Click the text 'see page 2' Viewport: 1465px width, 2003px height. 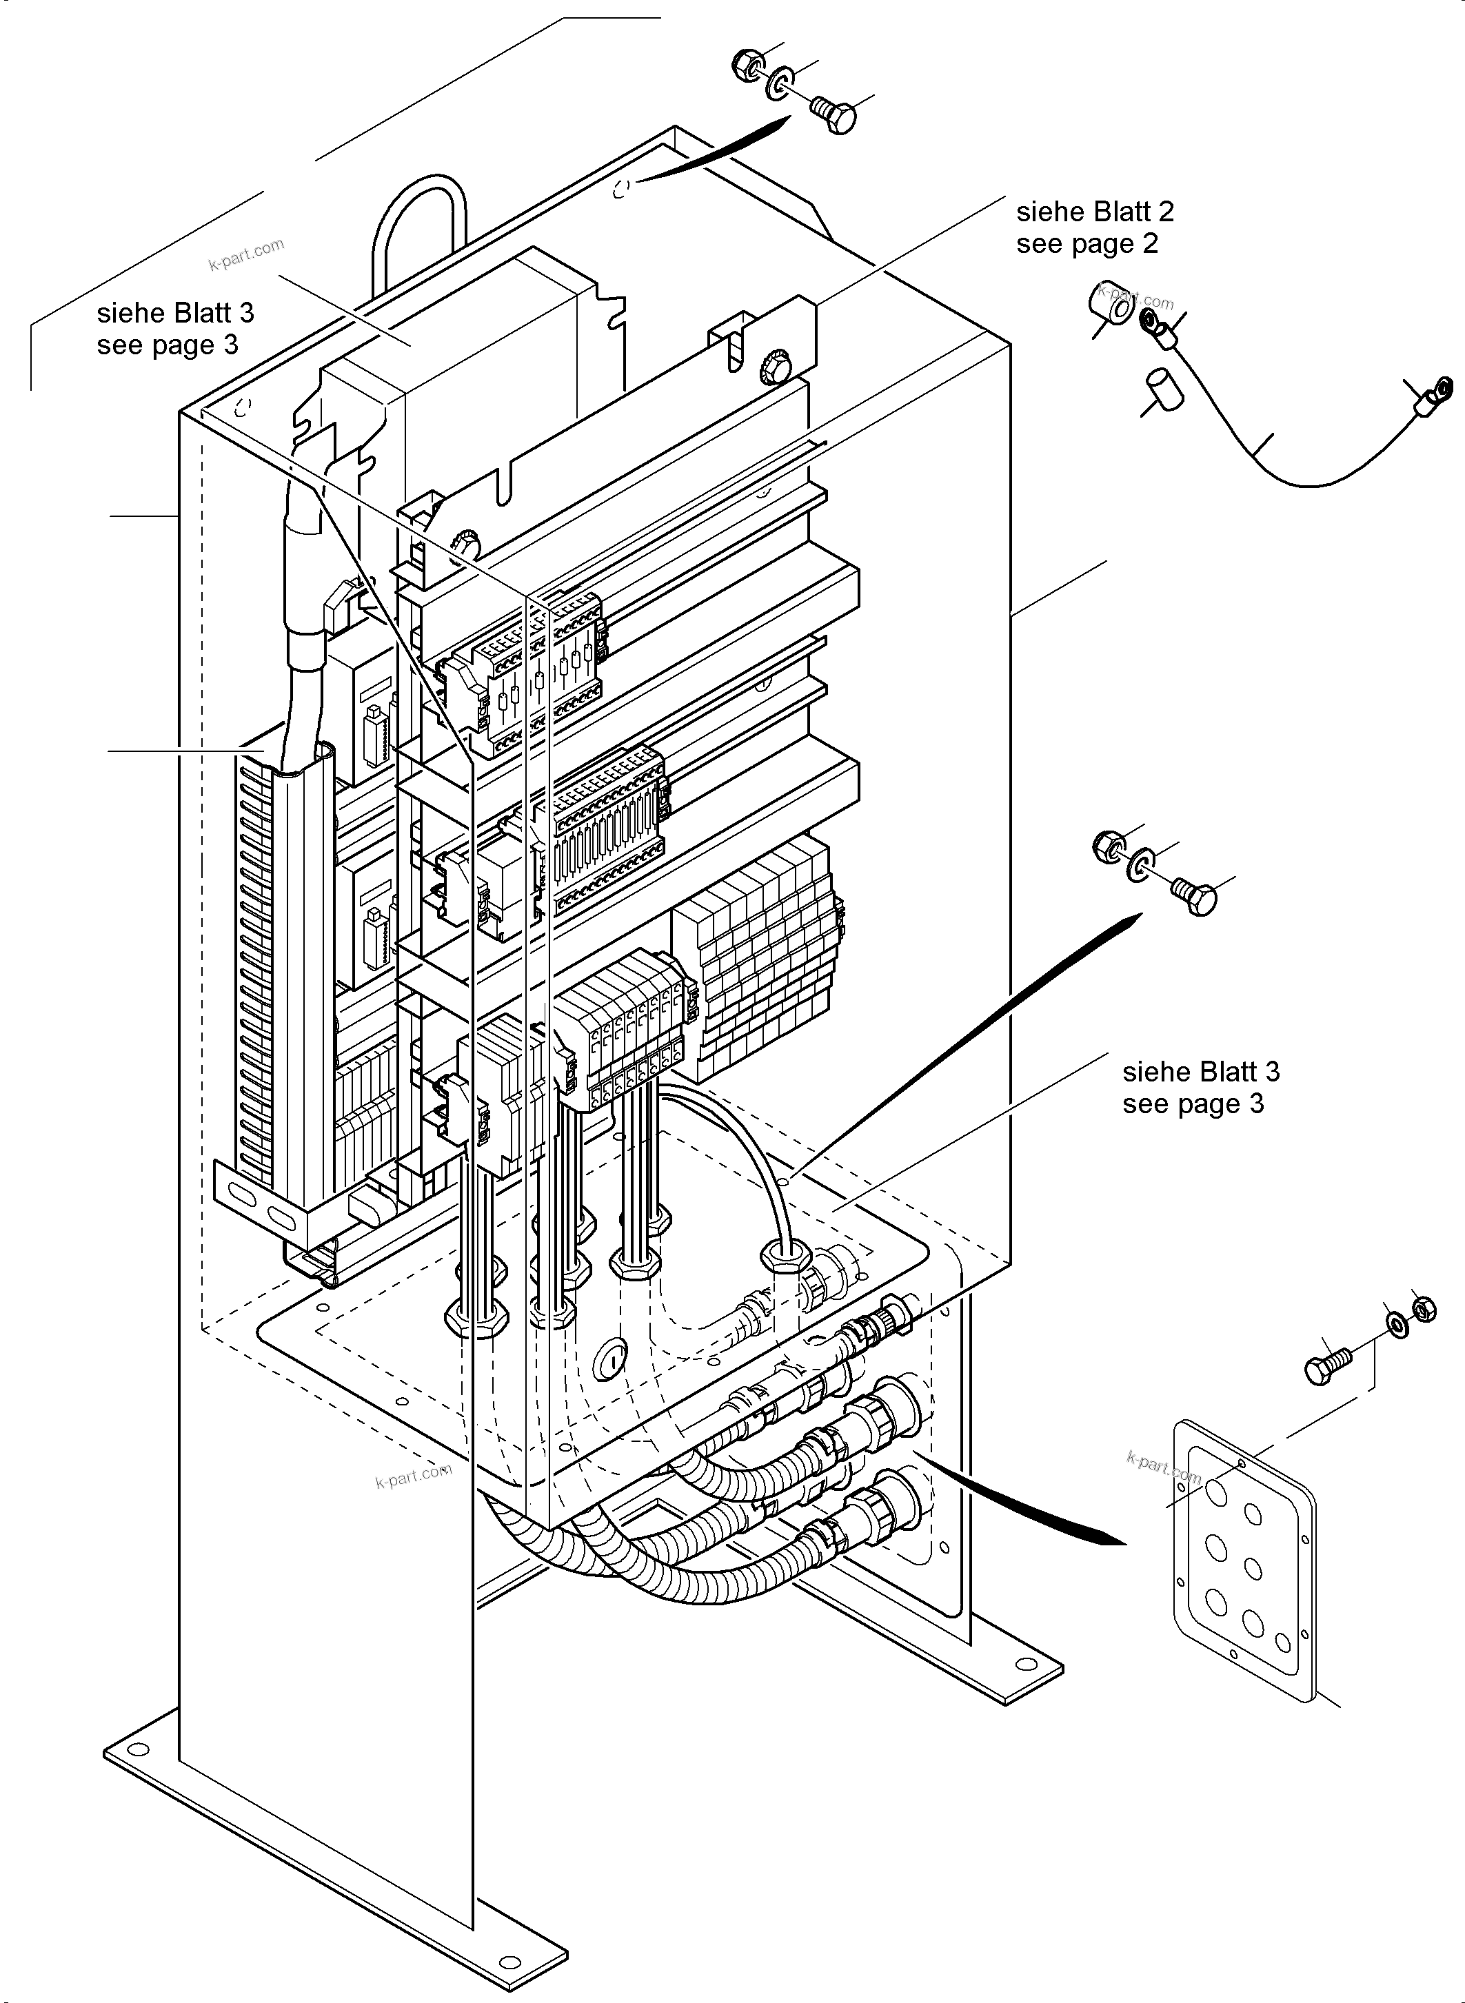1087,244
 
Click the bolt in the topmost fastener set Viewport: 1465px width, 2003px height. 834,115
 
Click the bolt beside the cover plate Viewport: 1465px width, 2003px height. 1325,1365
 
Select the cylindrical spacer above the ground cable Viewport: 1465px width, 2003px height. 1111,309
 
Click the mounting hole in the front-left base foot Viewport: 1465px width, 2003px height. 135,1749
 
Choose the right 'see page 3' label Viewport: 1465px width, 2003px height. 1192,1104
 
